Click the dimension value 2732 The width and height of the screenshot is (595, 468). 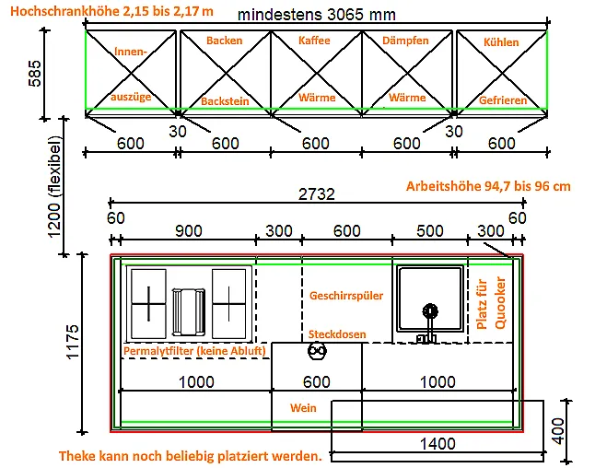coord(315,194)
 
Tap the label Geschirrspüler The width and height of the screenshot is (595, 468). coord(346,296)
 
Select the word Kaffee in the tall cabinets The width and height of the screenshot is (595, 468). coord(315,41)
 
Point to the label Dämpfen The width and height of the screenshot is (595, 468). coord(406,41)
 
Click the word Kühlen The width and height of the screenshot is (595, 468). coord(500,42)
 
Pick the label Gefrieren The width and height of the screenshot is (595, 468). coord(502,99)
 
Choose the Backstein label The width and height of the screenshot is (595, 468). coord(225,100)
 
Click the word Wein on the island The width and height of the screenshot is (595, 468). coord(303,407)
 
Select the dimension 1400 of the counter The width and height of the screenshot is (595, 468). coord(437,444)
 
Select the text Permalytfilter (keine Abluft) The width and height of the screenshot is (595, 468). coord(194,351)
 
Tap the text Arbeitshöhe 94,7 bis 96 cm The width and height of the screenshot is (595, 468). coord(488,186)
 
